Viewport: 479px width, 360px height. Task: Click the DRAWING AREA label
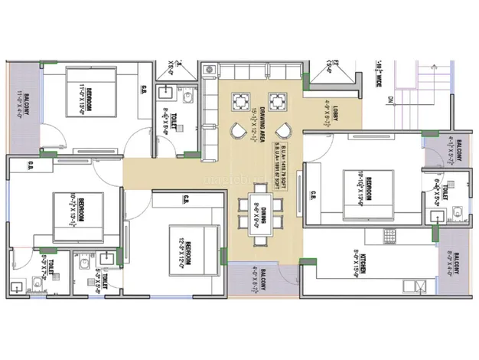pos(262,123)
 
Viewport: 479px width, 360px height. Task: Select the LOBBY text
pos(335,113)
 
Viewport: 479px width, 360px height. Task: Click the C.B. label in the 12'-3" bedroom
pos(186,201)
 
